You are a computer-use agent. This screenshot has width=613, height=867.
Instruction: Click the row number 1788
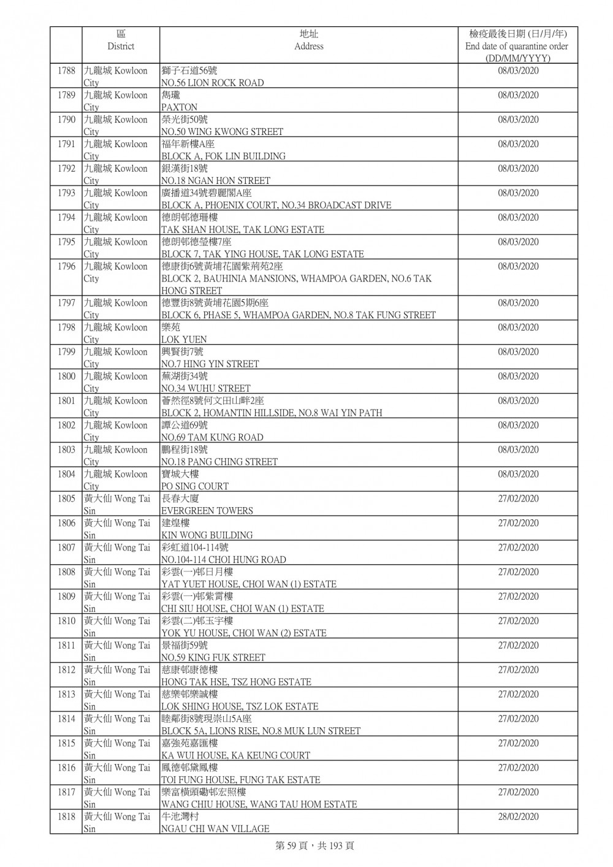(x=66, y=71)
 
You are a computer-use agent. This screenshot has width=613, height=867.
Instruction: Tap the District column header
(x=120, y=40)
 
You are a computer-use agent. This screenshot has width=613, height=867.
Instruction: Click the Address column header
(x=308, y=40)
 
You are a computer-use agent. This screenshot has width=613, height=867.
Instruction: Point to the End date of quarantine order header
(x=517, y=46)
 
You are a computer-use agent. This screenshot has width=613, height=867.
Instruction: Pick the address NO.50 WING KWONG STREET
(x=222, y=132)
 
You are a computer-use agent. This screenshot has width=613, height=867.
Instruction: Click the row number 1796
(x=66, y=267)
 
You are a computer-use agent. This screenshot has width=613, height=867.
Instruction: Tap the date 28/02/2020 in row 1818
(x=518, y=817)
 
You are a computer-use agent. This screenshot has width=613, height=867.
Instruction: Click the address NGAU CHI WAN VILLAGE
(x=215, y=829)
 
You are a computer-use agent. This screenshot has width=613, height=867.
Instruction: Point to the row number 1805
(x=66, y=499)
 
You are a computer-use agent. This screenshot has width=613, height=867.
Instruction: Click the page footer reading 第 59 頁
(x=314, y=846)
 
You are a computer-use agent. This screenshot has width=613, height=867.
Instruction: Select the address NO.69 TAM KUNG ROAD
(x=212, y=437)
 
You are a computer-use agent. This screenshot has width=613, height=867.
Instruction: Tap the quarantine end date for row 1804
(x=518, y=475)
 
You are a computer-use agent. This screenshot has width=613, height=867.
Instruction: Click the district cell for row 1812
(x=116, y=676)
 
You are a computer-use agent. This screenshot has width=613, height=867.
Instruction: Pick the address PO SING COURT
(x=194, y=486)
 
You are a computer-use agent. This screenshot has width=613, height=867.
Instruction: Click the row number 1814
(x=66, y=719)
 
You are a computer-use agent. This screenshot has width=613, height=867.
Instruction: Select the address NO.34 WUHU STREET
(x=205, y=388)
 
